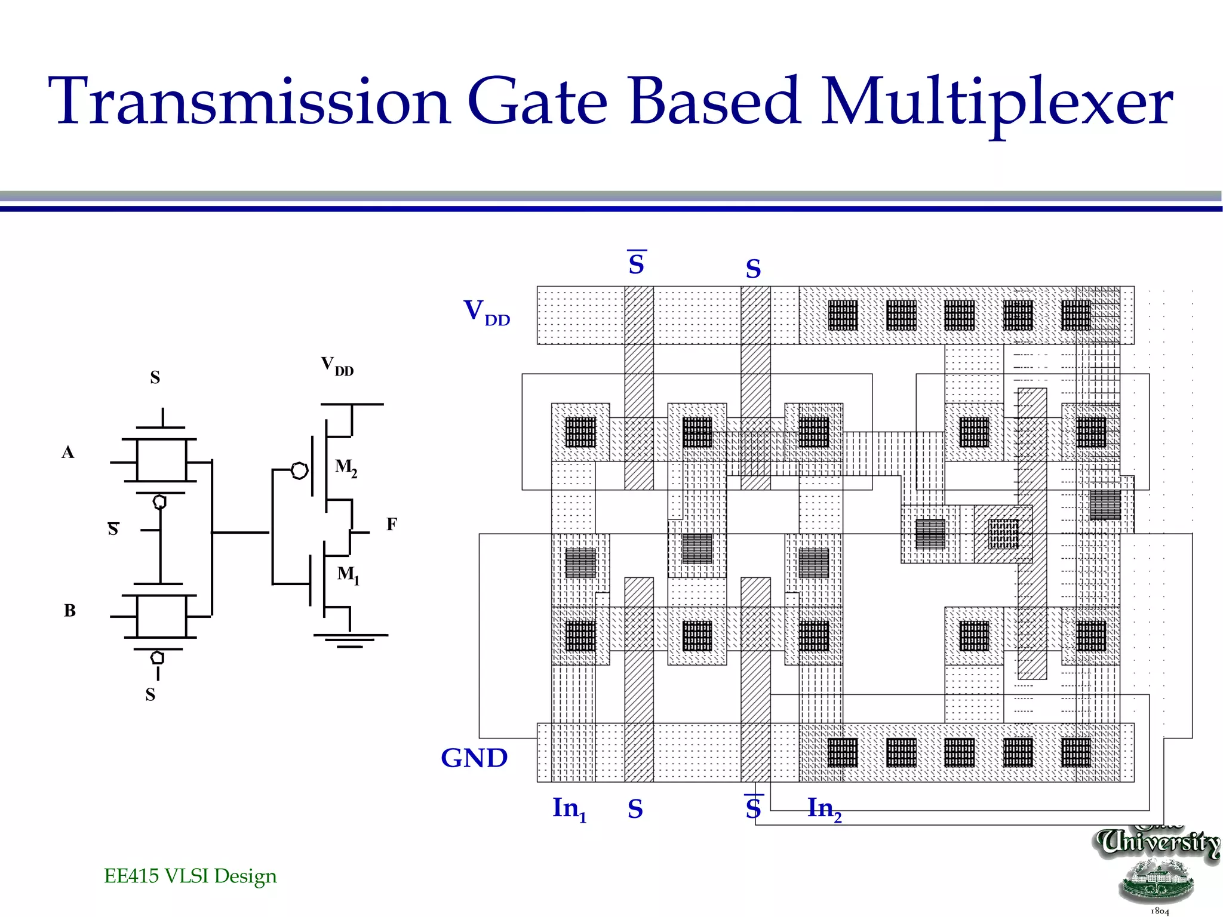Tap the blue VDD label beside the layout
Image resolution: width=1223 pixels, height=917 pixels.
click(486, 312)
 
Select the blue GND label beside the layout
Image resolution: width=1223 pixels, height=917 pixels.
click(474, 758)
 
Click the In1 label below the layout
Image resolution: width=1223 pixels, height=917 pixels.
click(569, 810)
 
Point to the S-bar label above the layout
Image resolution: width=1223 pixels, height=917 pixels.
click(637, 263)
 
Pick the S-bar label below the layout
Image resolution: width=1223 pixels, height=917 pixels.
click(754, 808)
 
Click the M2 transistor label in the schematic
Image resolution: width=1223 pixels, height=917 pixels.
click(346, 467)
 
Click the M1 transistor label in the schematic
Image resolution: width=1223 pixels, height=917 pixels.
click(348, 575)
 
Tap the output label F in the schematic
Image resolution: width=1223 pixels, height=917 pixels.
click(392, 524)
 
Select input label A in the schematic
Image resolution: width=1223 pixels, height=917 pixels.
click(68, 453)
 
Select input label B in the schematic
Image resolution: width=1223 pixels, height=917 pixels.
click(70, 611)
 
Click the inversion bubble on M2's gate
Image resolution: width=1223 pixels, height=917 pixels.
click(299, 471)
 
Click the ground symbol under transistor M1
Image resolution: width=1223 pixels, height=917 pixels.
click(350, 640)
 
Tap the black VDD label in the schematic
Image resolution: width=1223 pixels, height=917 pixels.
click(337, 365)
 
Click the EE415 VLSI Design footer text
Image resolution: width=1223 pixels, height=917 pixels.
click(190, 876)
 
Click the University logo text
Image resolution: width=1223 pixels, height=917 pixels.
click(1158, 842)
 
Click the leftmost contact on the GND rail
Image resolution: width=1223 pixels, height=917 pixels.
click(843, 752)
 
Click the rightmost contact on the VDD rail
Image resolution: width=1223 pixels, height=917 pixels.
click(1076, 315)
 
